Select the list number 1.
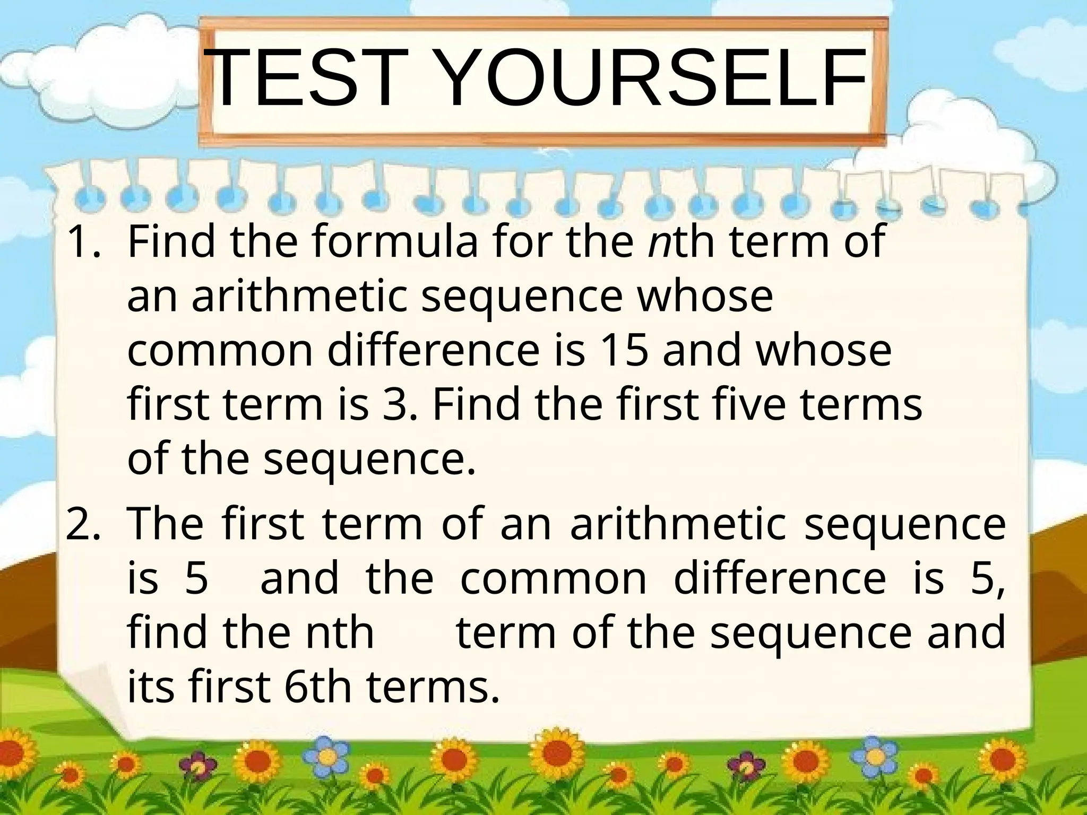[80, 242]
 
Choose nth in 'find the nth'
[340, 632]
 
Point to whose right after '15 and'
[824, 351]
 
